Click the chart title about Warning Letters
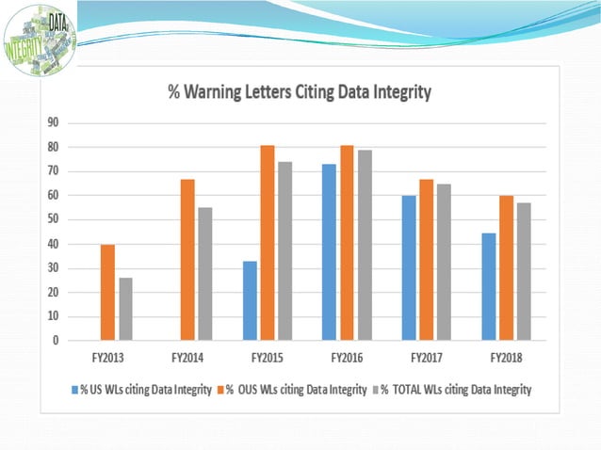(299, 92)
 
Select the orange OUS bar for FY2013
(108, 292)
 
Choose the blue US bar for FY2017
(410, 267)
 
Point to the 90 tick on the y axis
(54, 122)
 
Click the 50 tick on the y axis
(54, 219)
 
